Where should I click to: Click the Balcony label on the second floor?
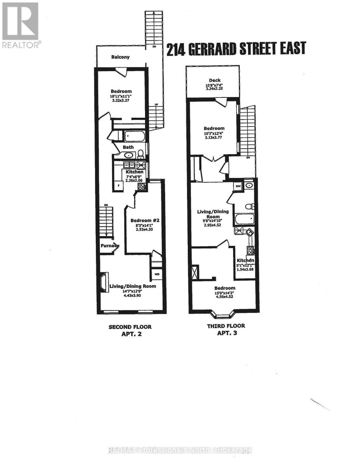click(120, 57)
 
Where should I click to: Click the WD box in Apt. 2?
click(157, 274)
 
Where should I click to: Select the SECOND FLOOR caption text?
click(130, 327)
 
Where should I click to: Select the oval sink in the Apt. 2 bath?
click(128, 155)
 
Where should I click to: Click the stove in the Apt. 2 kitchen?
click(142, 187)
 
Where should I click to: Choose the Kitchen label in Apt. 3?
click(246, 260)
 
